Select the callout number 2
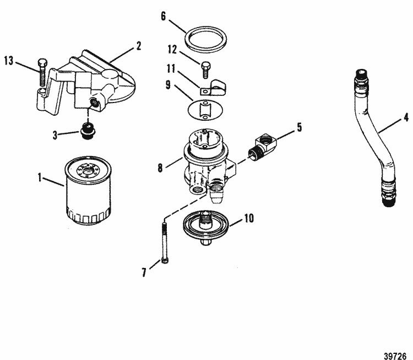tap(139, 46)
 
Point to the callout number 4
tap(405, 117)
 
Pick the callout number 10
tap(249, 219)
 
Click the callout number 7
tap(144, 273)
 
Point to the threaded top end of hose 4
tap(361, 75)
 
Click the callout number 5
tap(299, 127)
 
